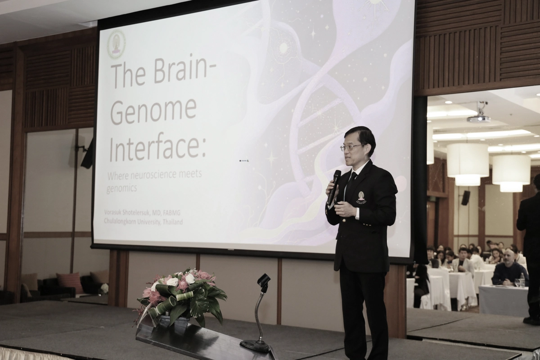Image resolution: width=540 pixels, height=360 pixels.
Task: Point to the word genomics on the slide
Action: tap(121, 188)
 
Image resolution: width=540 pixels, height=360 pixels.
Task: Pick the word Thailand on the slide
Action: tap(173, 222)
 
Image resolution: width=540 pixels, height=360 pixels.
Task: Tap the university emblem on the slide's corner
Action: tap(116, 45)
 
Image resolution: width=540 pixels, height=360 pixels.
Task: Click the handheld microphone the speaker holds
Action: tap(333, 187)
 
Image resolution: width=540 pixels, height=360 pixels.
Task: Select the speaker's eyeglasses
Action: tap(351, 147)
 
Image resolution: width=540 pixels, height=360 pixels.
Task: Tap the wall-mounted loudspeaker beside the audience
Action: tap(465, 198)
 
